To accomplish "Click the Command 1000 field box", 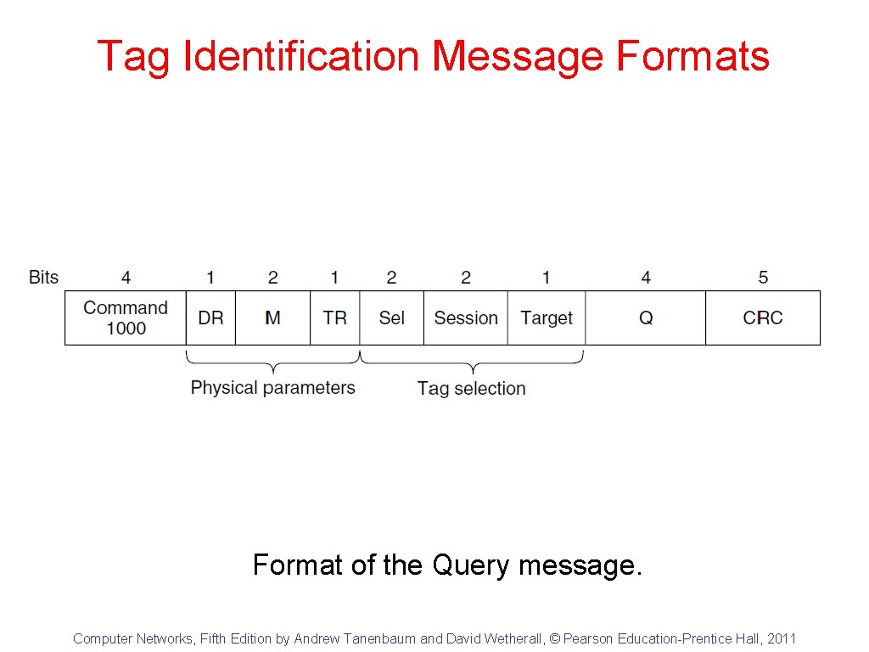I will coord(126,318).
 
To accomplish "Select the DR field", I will coord(210,318).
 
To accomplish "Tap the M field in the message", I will coord(272,318).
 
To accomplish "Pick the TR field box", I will coord(335,318).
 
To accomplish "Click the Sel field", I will coord(391,318).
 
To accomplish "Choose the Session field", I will coord(466,318).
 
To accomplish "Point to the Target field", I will coord(547,318).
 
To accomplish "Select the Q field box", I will coord(646,318).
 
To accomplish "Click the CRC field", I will coord(763,318).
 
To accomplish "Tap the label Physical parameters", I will coord(272,388).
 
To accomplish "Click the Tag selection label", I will coord(471,389).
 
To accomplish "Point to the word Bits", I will coord(44,278).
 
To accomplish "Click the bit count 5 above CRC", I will coord(763,278).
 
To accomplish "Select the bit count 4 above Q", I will coord(646,278).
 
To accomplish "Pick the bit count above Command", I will coord(126,278).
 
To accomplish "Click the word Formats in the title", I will coord(692,57).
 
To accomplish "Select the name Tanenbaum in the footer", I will coord(378,638).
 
